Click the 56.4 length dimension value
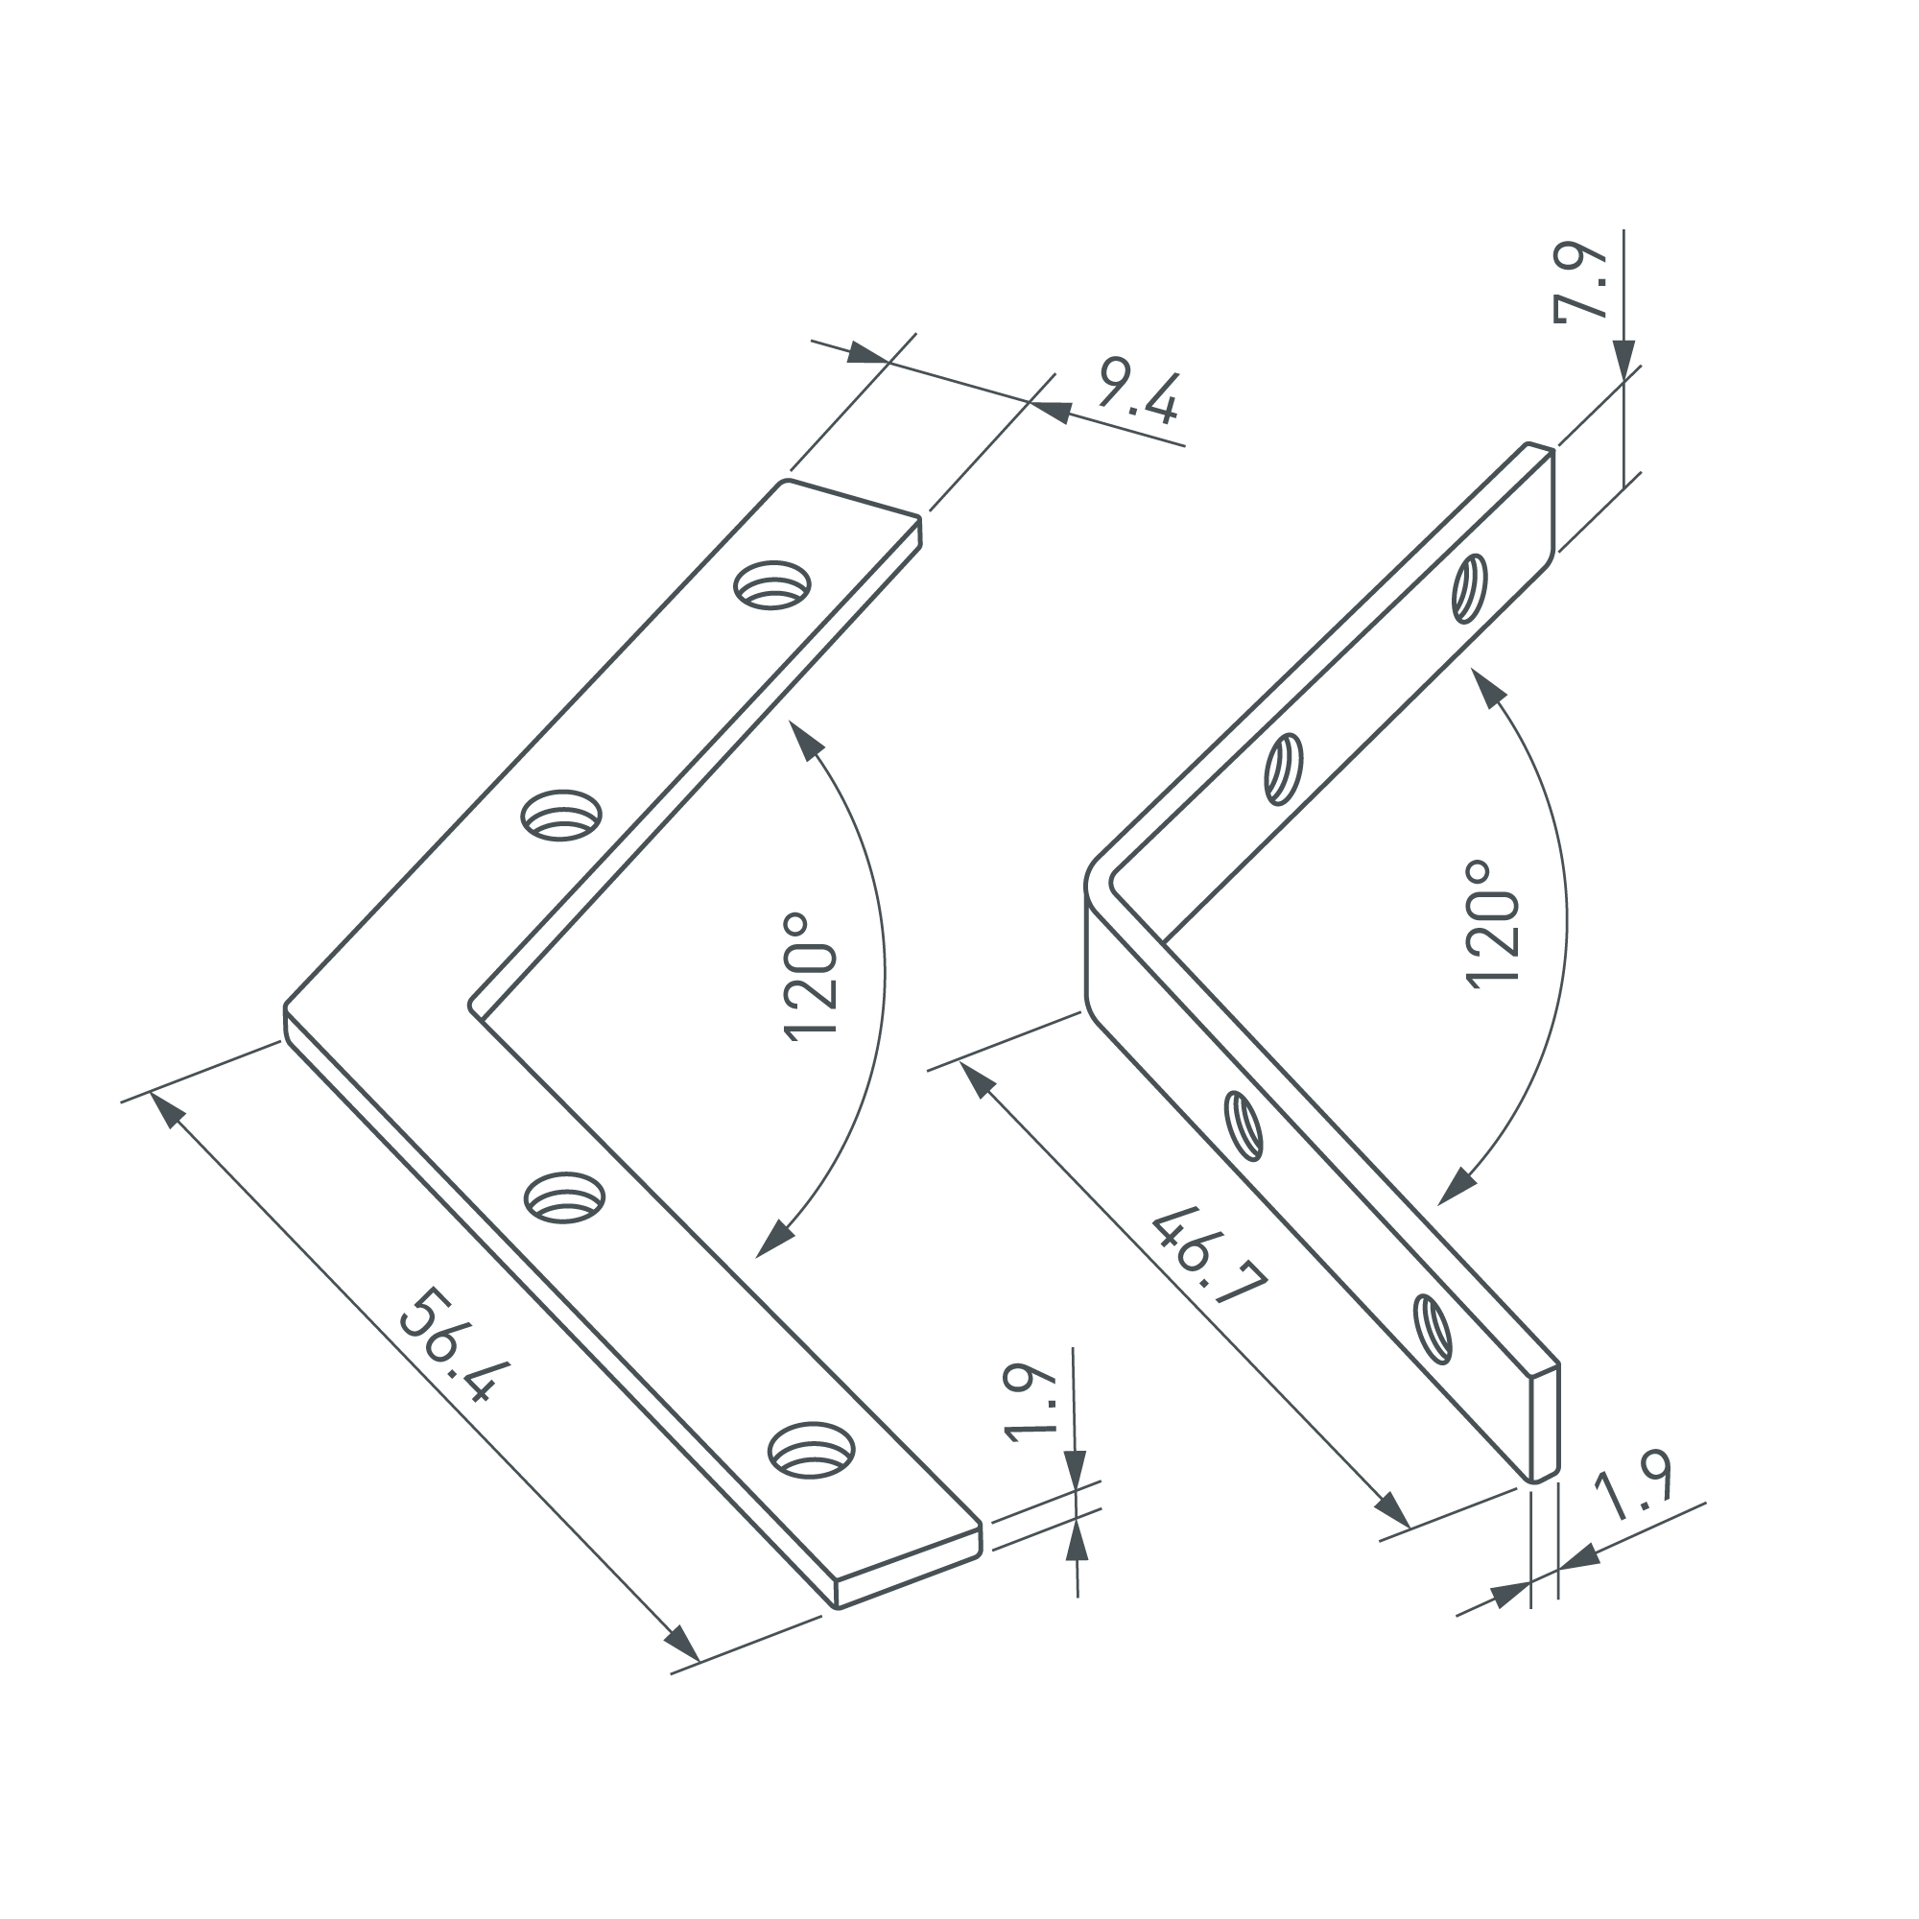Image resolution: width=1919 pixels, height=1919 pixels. [x=456, y=1346]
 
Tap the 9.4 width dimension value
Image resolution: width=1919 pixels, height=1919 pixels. [x=1138, y=398]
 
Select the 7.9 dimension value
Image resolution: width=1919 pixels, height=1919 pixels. [x=1580, y=282]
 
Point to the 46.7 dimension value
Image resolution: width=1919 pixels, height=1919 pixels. [x=1211, y=1260]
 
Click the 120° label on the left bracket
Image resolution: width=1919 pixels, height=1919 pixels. [x=812, y=978]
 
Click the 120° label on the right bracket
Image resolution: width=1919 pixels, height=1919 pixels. [x=1493, y=924]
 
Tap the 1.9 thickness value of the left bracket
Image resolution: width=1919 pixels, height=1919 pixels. [x=1030, y=1404]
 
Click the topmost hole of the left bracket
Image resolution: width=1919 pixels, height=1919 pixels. [x=771, y=585]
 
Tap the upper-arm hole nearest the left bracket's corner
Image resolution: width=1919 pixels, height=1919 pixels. [x=562, y=815]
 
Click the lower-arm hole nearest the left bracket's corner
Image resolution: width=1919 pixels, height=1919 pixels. [x=564, y=1196]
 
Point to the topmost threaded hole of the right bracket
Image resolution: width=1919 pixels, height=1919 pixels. [x=1470, y=589]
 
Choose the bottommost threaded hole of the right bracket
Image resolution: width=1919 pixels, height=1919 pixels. [x=1433, y=1328]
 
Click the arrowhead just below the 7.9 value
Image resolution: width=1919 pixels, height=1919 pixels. [x=1624, y=360]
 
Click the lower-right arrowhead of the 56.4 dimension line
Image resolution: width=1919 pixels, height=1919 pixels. [x=681, y=1643]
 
